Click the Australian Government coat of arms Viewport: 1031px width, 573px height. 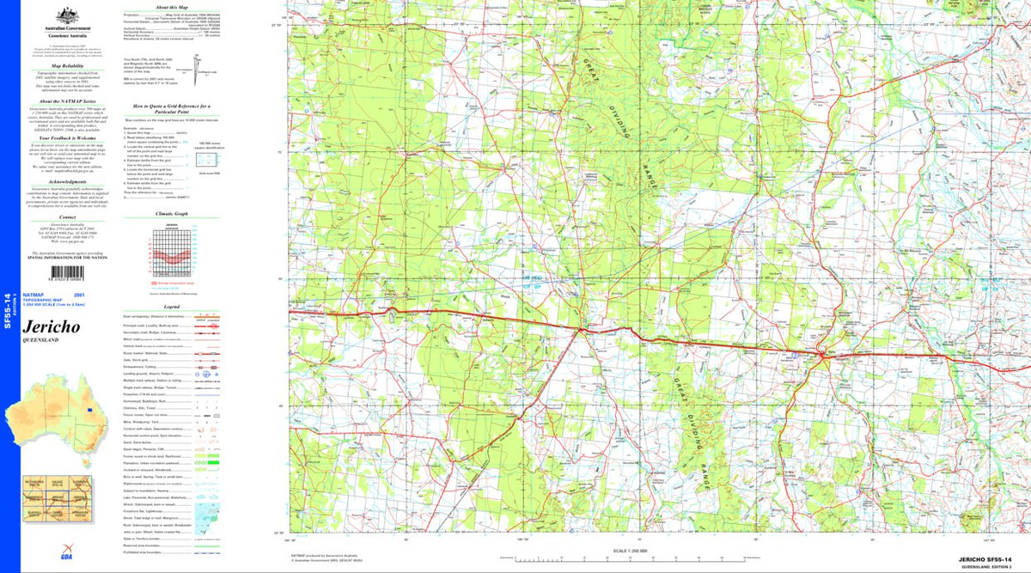click(62, 15)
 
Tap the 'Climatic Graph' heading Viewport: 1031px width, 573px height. click(171, 213)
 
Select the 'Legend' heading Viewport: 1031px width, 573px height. click(172, 306)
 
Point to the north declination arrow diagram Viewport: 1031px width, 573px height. click(197, 65)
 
